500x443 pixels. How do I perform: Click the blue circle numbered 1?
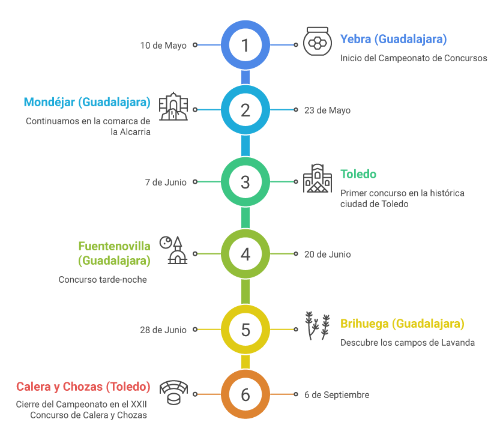click(245, 45)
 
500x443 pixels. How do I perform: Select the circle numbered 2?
click(245, 110)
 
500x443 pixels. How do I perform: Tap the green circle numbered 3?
click(245, 181)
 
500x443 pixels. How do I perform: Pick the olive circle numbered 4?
click(245, 254)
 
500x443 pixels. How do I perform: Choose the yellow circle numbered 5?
click(245, 330)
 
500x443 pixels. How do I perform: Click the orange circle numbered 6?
click(245, 394)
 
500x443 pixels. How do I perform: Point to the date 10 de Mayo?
click(163, 45)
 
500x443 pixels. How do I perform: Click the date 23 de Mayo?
click(327, 110)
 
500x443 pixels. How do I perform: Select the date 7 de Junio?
click(166, 182)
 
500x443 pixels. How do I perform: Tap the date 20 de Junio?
click(327, 255)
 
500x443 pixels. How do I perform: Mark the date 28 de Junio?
click(163, 330)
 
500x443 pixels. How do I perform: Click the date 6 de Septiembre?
click(336, 395)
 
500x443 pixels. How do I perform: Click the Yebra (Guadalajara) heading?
click(393, 40)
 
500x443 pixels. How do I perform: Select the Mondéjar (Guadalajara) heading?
click(87, 102)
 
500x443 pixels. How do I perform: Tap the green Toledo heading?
click(358, 174)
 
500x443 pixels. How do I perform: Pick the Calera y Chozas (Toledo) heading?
click(83, 387)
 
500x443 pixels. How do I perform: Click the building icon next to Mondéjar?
click(173, 107)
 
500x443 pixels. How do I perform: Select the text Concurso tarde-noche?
click(103, 280)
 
